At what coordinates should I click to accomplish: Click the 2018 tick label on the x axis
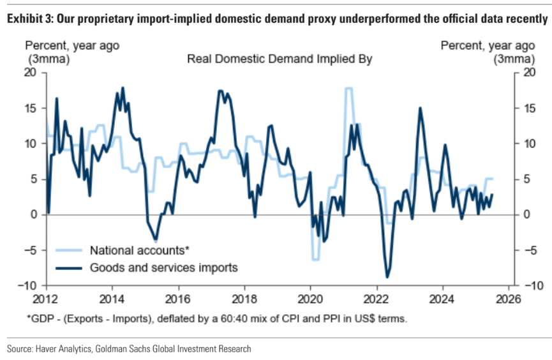[x=244, y=297]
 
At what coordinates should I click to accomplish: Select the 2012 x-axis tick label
[x=47, y=297]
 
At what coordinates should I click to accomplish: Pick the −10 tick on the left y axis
[x=28, y=285]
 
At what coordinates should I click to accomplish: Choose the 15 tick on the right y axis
[x=526, y=108]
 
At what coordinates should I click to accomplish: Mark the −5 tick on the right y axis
[x=526, y=250]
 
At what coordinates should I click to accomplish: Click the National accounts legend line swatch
[x=70, y=250]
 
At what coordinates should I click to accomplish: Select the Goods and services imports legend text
[x=164, y=267]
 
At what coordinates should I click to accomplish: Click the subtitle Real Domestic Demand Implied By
[x=280, y=59]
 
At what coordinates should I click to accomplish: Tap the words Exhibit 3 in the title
[x=29, y=20]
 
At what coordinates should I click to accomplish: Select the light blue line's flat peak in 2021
[x=349, y=88]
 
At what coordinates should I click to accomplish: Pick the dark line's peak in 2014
[x=122, y=88]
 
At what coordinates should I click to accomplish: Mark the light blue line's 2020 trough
[x=315, y=259]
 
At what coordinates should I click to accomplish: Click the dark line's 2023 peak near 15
[x=421, y=108]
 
